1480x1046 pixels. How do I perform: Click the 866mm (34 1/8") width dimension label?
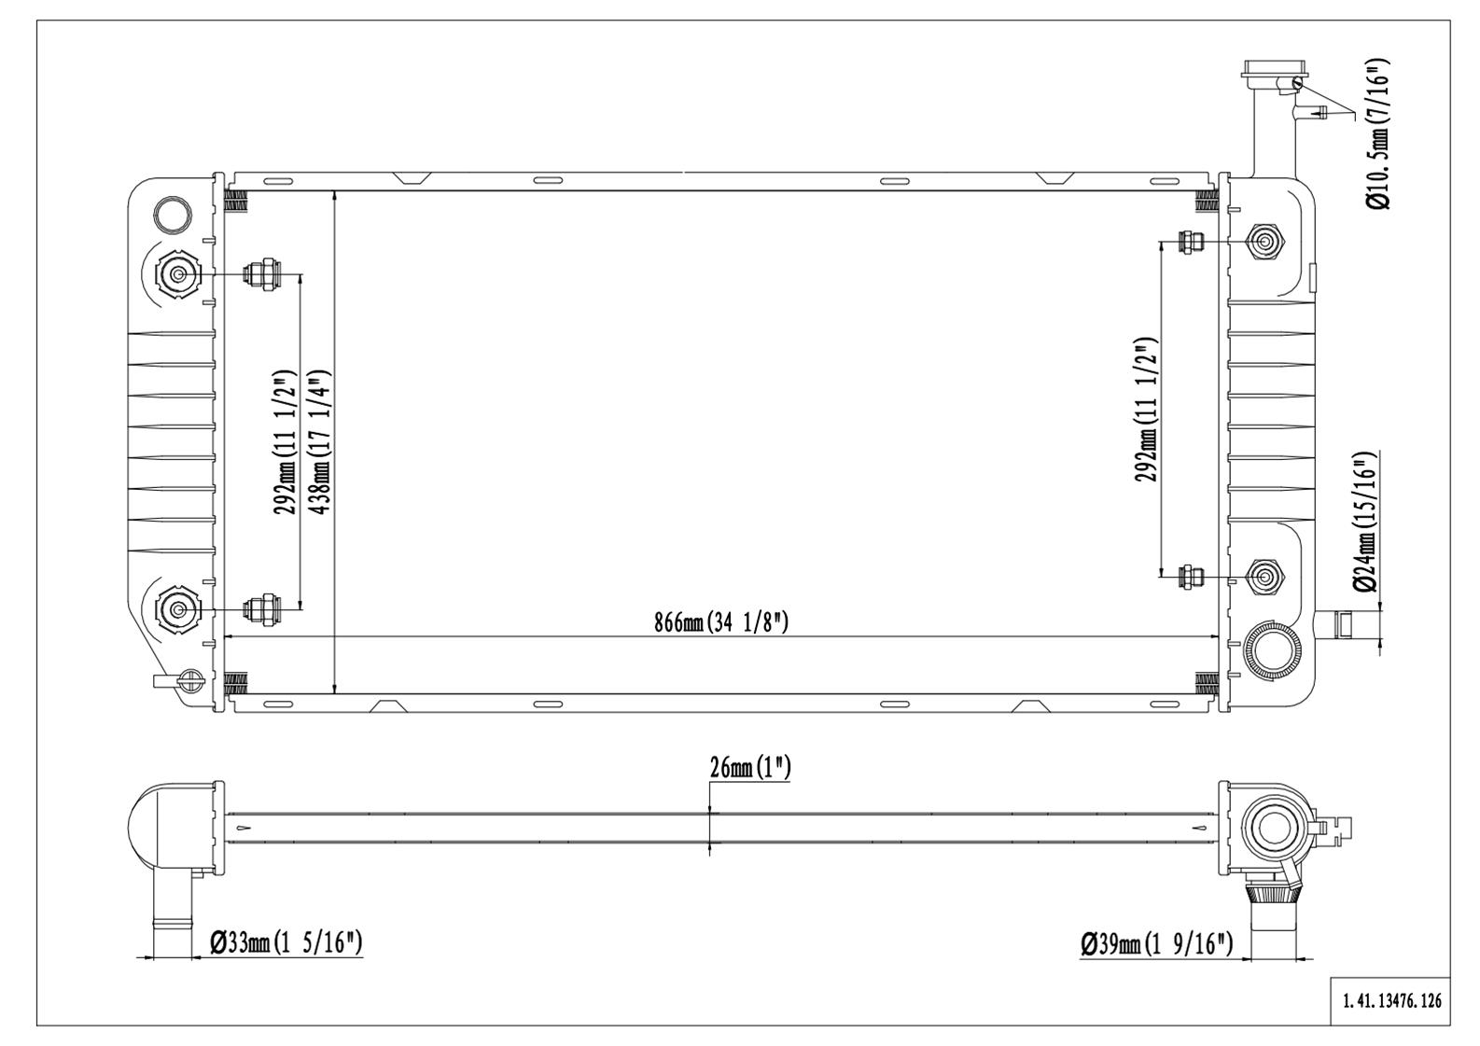click(721, 622)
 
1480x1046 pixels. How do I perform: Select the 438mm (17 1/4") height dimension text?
click(320, 441)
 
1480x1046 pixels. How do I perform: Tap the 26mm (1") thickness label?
click(749, 768)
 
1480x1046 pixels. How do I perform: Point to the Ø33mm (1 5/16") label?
click(286, 943)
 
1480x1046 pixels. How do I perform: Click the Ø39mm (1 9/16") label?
click(1157, 944)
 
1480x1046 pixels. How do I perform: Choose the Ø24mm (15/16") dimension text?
click(1364, 522)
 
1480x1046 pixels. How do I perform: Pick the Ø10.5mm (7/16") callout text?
click(1379, 132)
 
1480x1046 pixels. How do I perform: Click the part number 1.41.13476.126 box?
click(1391, 1001)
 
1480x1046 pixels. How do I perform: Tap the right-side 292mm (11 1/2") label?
click(1146, 410)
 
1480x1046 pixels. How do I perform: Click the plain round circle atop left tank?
click(174, 214)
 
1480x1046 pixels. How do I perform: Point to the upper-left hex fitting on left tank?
click(177, 274)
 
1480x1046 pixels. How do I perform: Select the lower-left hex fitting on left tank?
click(177, 609)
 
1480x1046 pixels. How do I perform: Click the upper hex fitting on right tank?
click(1264, 242)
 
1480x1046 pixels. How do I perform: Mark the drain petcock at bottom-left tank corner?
click(188, 681)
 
